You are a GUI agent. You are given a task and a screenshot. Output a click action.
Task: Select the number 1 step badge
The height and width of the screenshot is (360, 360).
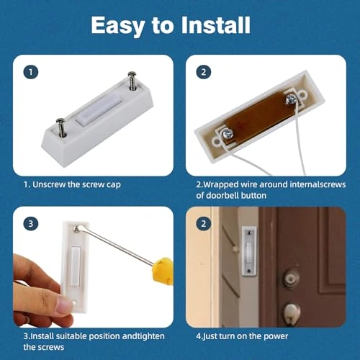(x=30, y=72)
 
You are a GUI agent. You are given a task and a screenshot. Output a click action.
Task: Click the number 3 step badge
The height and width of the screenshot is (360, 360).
(x=30, y=223)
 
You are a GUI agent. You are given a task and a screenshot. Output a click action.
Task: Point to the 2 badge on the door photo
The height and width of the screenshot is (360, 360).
(x=205, y=223)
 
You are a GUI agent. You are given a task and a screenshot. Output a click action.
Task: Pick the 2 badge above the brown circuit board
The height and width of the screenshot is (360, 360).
(x=205, y=72)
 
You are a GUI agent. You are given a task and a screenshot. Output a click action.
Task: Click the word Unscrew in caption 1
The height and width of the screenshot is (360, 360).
(x=53, y=185)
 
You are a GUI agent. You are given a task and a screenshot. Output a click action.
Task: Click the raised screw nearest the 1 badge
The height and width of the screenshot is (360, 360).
(x=63, y=124)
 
